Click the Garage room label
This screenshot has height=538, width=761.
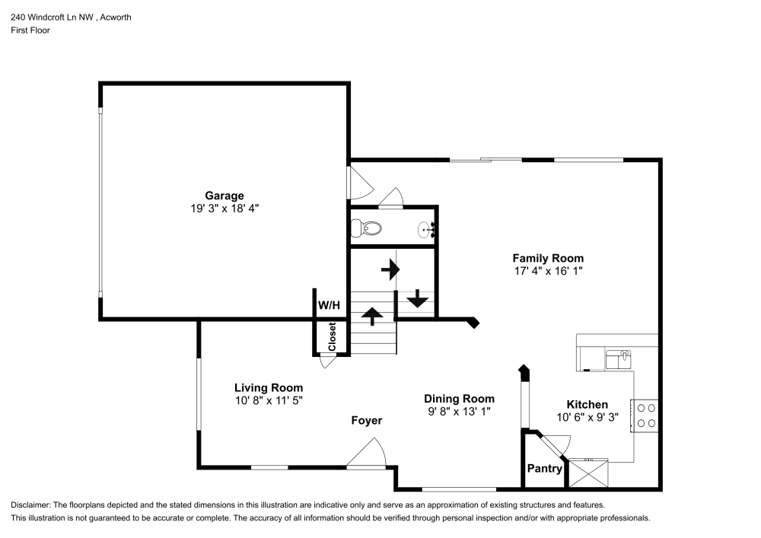224,196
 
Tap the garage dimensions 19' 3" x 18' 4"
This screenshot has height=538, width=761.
224,208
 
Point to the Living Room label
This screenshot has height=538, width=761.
268,387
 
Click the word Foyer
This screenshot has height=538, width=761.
366,421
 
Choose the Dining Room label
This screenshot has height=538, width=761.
459,399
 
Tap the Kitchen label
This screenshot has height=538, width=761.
587,405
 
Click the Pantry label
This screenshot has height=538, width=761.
545,469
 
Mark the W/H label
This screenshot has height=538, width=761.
329,305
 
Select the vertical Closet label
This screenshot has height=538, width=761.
333,337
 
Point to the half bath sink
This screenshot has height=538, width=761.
427,228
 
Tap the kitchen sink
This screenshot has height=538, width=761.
619,357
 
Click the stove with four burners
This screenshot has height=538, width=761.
647,415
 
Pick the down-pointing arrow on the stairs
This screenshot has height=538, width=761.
417,298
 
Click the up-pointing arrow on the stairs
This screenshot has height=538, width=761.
372,314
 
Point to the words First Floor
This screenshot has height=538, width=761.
30,30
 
